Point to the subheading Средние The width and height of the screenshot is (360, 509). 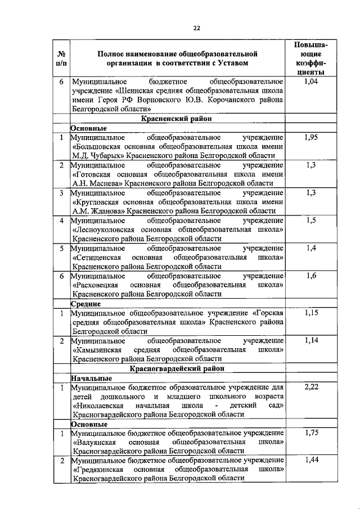click(x=85, y=304)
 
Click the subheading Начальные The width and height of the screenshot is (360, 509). click(x=91, y=377)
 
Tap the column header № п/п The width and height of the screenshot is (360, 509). click(x=61, y=59)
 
